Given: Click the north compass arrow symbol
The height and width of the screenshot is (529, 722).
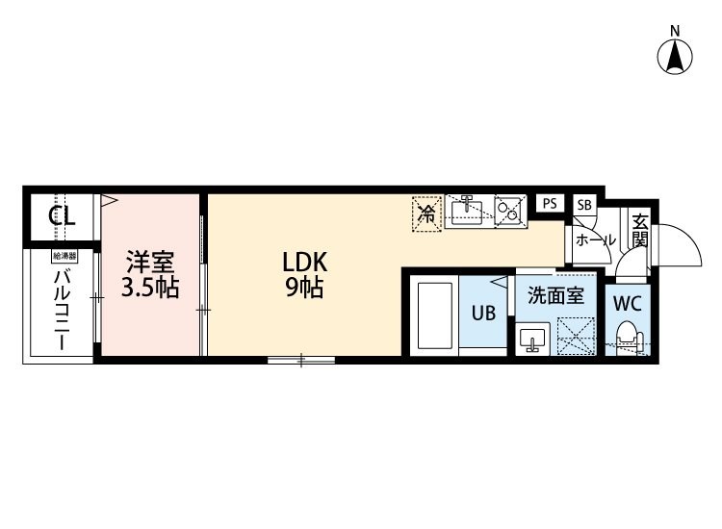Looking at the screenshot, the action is click(675, 57).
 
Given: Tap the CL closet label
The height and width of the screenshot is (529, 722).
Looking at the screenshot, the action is click(63, 216).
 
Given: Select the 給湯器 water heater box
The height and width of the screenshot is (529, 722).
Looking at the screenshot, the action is click(64, 257).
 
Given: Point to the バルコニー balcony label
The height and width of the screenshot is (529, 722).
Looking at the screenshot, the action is click(63, 311).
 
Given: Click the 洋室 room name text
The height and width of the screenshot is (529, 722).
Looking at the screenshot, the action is click(150, 263).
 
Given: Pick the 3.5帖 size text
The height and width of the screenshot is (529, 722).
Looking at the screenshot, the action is click(150, 288).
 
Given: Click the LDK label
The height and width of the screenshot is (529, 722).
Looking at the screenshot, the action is click(304, 263).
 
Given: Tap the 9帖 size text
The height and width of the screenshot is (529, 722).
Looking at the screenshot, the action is click(304, 289).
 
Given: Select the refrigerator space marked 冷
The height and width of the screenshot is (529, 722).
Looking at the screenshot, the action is click(426, 214).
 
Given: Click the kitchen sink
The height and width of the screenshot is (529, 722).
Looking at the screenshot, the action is click(467, 211).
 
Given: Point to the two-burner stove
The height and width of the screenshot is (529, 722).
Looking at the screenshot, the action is click(510, 211).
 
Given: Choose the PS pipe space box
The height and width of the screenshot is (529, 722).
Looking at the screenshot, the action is click(550, 203).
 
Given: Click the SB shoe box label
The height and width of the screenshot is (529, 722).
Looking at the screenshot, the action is click(584, 204).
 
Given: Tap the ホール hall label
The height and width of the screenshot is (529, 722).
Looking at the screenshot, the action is click(595, 239).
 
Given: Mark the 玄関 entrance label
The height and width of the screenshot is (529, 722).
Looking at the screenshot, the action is click(640, 231).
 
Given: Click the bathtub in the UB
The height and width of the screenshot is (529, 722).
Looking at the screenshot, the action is click(435, 316).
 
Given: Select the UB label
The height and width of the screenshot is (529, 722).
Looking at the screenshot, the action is click(483, 314).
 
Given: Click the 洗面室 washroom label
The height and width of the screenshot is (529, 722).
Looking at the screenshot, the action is click(555, 295).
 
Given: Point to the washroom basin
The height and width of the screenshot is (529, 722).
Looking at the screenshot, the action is click(532, 338).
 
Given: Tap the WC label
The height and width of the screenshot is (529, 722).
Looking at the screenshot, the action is click(627, 303).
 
